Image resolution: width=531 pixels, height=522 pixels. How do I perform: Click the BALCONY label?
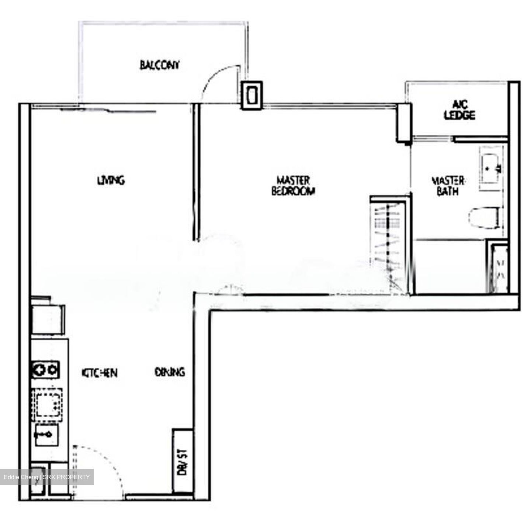159,65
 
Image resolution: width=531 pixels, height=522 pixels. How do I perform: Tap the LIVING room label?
111,180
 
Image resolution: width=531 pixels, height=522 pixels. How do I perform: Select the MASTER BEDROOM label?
293,186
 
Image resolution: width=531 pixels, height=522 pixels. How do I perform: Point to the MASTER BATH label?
448,186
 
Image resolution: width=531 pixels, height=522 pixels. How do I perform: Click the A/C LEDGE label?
459,110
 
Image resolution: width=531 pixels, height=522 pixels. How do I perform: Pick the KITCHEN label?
99,373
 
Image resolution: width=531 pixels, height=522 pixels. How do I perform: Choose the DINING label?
170,372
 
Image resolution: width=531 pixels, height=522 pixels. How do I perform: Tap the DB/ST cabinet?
183,461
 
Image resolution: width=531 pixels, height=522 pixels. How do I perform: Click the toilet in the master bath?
484,218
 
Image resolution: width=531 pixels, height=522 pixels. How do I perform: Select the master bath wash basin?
490,168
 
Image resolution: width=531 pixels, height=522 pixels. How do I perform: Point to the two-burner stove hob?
46,369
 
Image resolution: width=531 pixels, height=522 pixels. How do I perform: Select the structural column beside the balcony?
251,95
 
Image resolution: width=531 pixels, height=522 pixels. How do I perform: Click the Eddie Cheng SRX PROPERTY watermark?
47,477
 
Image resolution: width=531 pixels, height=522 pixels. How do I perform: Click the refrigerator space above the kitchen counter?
48,319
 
